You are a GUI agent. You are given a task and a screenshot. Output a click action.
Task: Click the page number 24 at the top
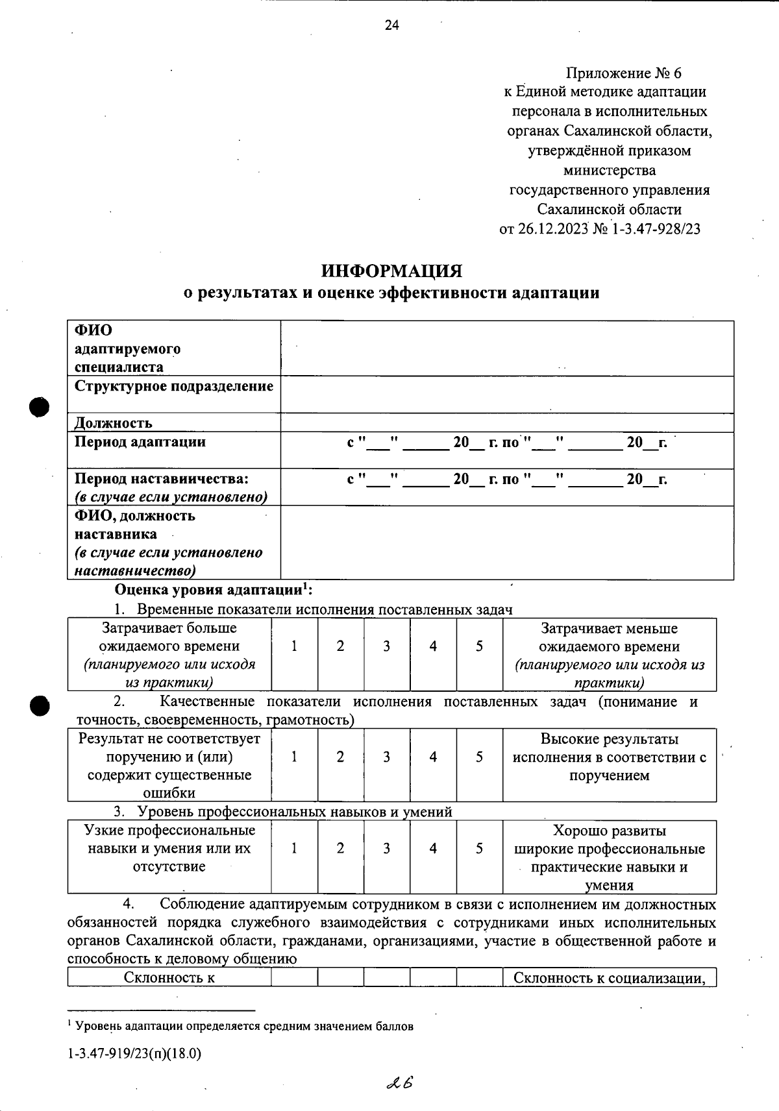click(392, 25)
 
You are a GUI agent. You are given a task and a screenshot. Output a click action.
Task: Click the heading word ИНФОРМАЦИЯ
click(391, 270)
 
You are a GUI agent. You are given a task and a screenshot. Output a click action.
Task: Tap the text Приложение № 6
click(623, 73)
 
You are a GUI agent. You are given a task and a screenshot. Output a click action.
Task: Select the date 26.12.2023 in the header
click(552, 228)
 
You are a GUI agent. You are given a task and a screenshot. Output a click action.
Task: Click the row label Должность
click(114, 423)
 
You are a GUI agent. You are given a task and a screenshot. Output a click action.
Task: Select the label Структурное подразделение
click(174, 387)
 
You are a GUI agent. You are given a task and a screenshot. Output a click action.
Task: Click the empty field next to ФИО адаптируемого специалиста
click(506, 348)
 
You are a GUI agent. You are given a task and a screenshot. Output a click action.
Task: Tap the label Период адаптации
click(140, 442)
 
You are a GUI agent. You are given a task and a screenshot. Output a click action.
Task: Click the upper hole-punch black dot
click(40, 408)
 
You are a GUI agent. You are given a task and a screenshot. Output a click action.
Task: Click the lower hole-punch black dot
click(40, 705)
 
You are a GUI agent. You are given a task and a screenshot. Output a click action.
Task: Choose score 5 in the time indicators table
click(479, 646)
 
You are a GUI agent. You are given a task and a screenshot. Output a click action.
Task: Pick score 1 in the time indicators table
click(294, 646)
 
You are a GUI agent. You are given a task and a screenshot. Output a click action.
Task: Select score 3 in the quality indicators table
click(386, 757)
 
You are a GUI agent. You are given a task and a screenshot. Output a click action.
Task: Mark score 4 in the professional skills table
click(433, 848)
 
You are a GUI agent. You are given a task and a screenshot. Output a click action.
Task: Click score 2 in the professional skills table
click(340, 848)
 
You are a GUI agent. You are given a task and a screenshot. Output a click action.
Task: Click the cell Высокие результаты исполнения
click(609, 757)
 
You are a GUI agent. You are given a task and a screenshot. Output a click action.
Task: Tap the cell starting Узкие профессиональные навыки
click(169, 849)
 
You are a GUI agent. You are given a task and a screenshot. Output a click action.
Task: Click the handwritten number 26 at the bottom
click(400, 1082)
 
